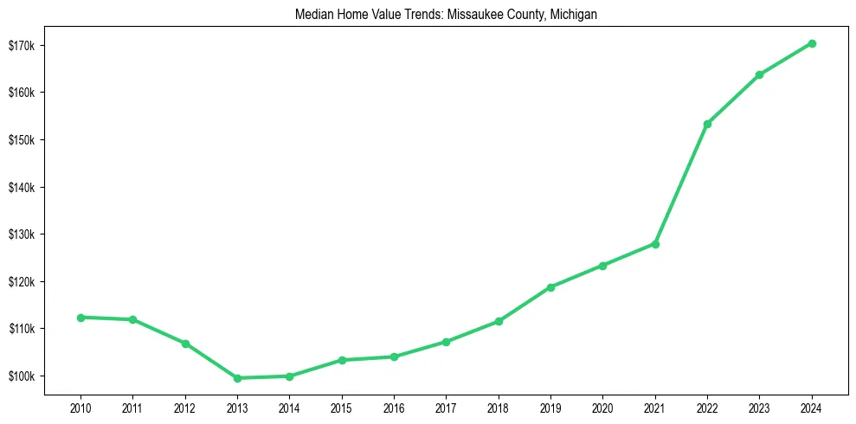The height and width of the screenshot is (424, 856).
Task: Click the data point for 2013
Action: [x=237, y=378]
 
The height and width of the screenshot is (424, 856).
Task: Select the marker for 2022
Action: [x=707, y=124]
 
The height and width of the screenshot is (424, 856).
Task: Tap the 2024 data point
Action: [x=812, y=43]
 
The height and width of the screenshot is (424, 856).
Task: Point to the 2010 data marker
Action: [x=80, y=318]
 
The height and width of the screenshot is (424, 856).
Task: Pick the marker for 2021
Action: [x=655, y=244]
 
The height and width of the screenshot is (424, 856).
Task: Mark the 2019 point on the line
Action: [x=550, y=287]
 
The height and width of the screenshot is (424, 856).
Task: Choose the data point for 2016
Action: [x=394, y=357]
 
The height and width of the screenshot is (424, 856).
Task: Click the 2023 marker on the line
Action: [x=759, y=74]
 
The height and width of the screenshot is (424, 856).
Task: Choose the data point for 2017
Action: [x=446, y=342]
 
